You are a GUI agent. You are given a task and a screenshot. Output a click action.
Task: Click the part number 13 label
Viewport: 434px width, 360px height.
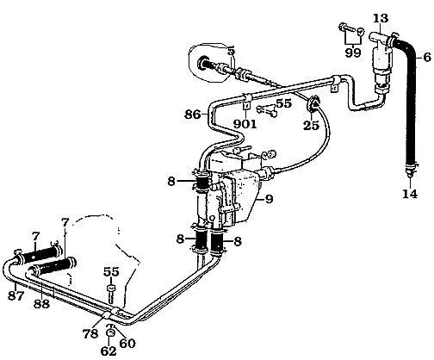[x=381, y=18]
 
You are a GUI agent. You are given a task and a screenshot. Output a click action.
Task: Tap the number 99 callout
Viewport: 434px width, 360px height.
[x=353, y=53]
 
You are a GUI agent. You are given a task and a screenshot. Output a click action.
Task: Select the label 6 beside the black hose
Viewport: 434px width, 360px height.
[x=427, y=57]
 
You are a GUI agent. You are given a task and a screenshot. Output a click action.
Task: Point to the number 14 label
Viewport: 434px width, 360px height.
[x=410, y=194]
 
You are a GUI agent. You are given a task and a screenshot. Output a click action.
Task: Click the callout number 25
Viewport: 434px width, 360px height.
[x=312, y=125]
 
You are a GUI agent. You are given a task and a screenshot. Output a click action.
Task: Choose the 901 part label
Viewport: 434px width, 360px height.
[x=245, y=124]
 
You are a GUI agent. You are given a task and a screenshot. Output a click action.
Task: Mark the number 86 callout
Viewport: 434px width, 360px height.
[x=192, y=115]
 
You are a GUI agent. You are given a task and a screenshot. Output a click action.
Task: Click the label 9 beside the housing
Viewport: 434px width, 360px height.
[x=269, y=199]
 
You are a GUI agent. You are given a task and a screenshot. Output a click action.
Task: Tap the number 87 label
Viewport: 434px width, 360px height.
[x=15, y=295]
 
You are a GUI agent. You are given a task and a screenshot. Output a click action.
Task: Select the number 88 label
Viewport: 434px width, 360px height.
[x=41, y=303]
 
